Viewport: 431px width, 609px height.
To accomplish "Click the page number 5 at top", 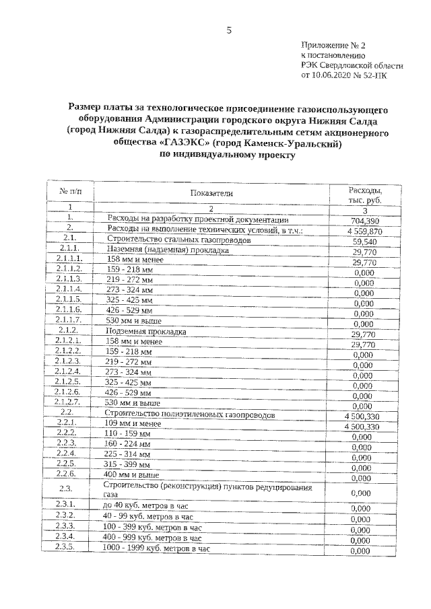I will click(x=228, y=30).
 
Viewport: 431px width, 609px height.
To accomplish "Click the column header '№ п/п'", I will click(x=70, y=192).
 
